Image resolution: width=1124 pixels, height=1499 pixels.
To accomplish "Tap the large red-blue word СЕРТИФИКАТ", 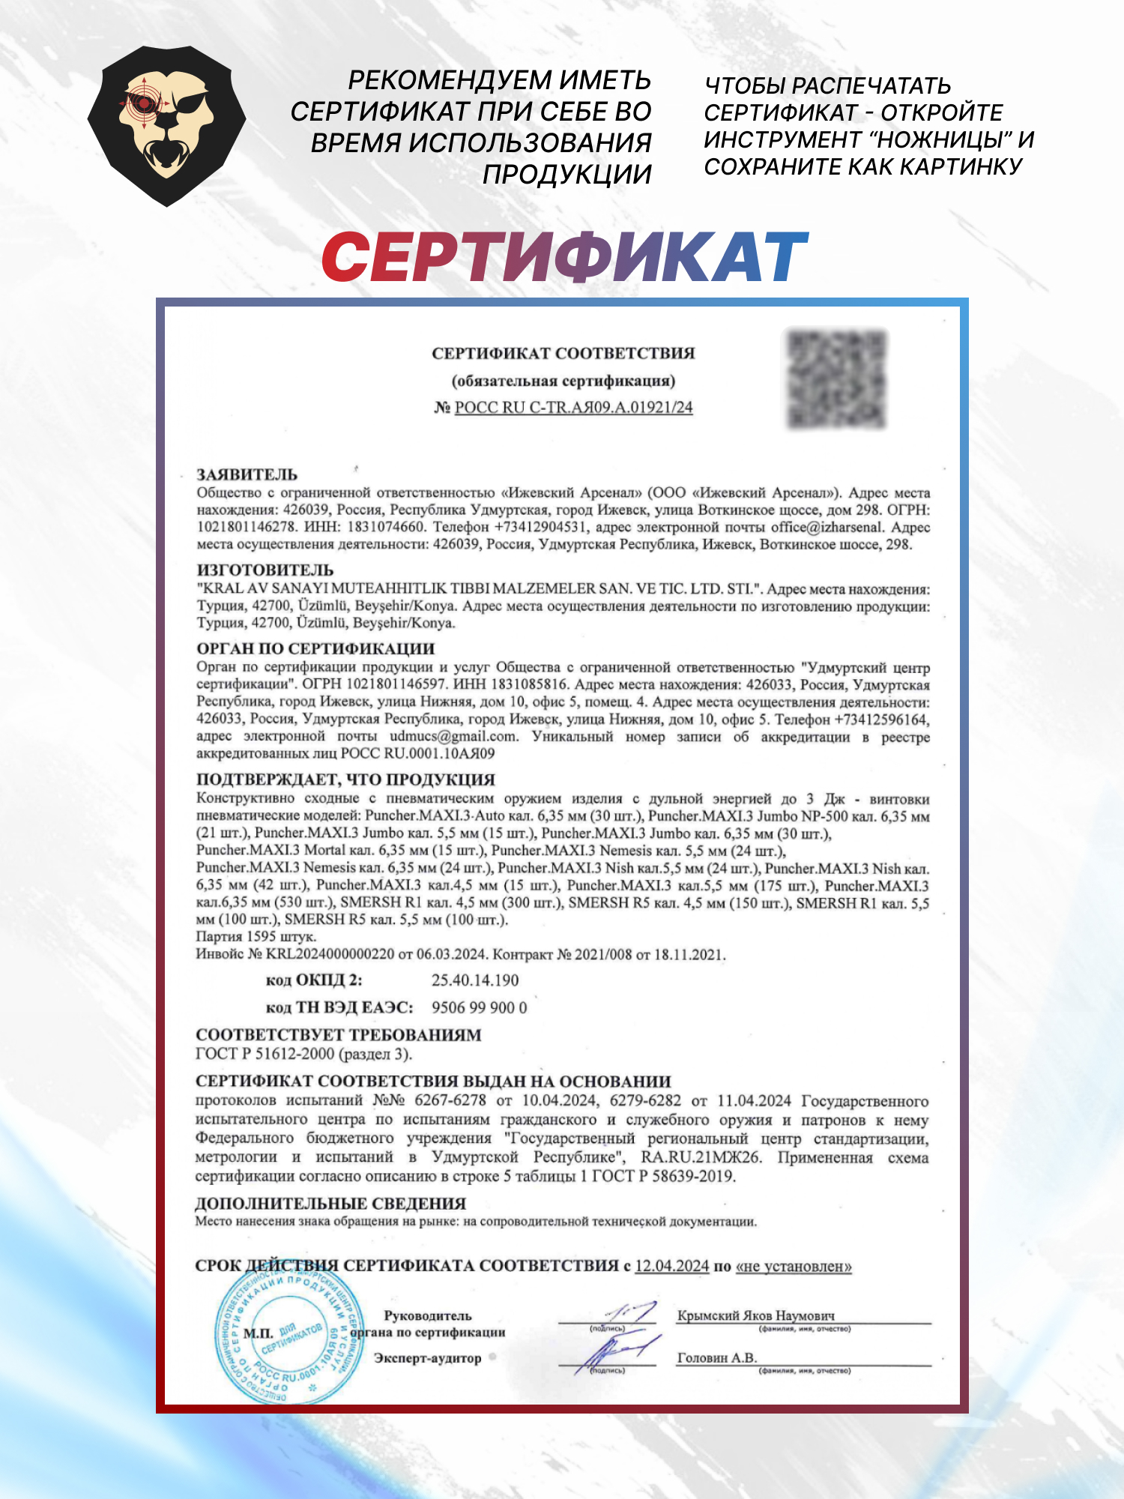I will (x=564, y=257).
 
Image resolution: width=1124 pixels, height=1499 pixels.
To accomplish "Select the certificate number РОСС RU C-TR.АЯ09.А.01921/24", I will (x=573, y=408).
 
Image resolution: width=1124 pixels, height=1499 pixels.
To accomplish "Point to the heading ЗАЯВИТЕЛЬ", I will (x=247, y=474).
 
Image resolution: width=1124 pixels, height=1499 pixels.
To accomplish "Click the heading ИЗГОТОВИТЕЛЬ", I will (x=265, y=570).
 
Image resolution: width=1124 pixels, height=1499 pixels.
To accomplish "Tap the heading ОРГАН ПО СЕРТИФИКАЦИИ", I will (x=315, y=648).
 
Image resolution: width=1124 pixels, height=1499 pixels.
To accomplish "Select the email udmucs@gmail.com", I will (x=453, y=737).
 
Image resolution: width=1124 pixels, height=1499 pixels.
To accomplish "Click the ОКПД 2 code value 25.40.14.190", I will (x=475, y=980).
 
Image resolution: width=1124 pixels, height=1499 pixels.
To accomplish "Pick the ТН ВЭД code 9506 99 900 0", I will (x=480, y=1008).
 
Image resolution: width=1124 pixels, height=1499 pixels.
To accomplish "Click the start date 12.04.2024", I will (x=671, y=1266).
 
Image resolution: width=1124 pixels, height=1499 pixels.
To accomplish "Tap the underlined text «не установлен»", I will (x=794, y=1266).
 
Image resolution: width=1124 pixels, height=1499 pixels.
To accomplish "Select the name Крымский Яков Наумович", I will (x=755, y=1315).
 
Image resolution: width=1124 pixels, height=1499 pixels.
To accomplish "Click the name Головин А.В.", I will (x=717, y=1358).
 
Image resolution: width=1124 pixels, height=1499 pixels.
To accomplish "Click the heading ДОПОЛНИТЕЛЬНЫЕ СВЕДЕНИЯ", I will (x=330, y=1204).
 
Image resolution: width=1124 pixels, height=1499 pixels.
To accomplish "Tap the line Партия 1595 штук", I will (x=256, y=937).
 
